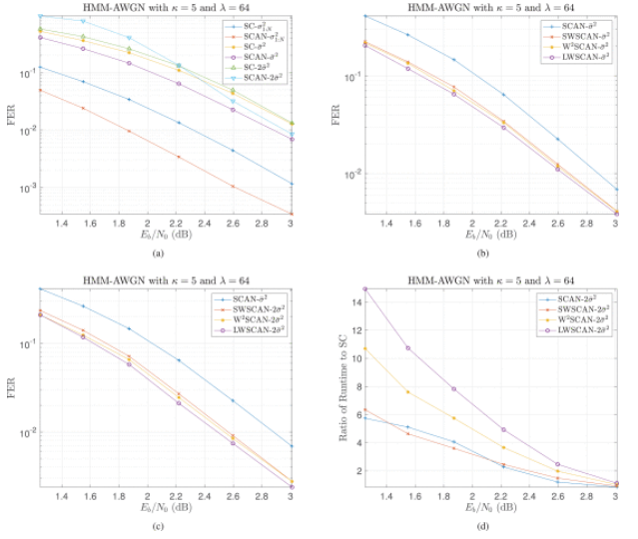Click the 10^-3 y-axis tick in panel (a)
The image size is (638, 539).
click(26, 188)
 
